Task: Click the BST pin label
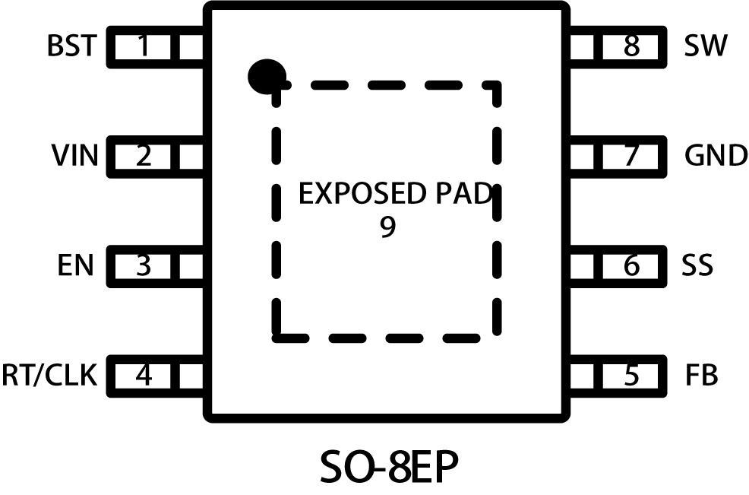(x=71, y=47)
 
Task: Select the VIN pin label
(x=75, y=157)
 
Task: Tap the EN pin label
(x=75, y=267)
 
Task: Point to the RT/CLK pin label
(x=49, y=376)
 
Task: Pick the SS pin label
(x=698, y=267)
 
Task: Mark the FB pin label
(x=701, y=376)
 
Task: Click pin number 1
(x=144, y=47)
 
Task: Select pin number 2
(x=144, y=157)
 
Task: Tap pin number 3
(x=144, y=267)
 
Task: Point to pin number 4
(x=144, y=376)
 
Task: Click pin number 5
(x=632, y=376)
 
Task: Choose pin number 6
(x=632, y=267)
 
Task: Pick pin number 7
(x=632, y=157)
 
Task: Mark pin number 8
(x=632, y=47)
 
